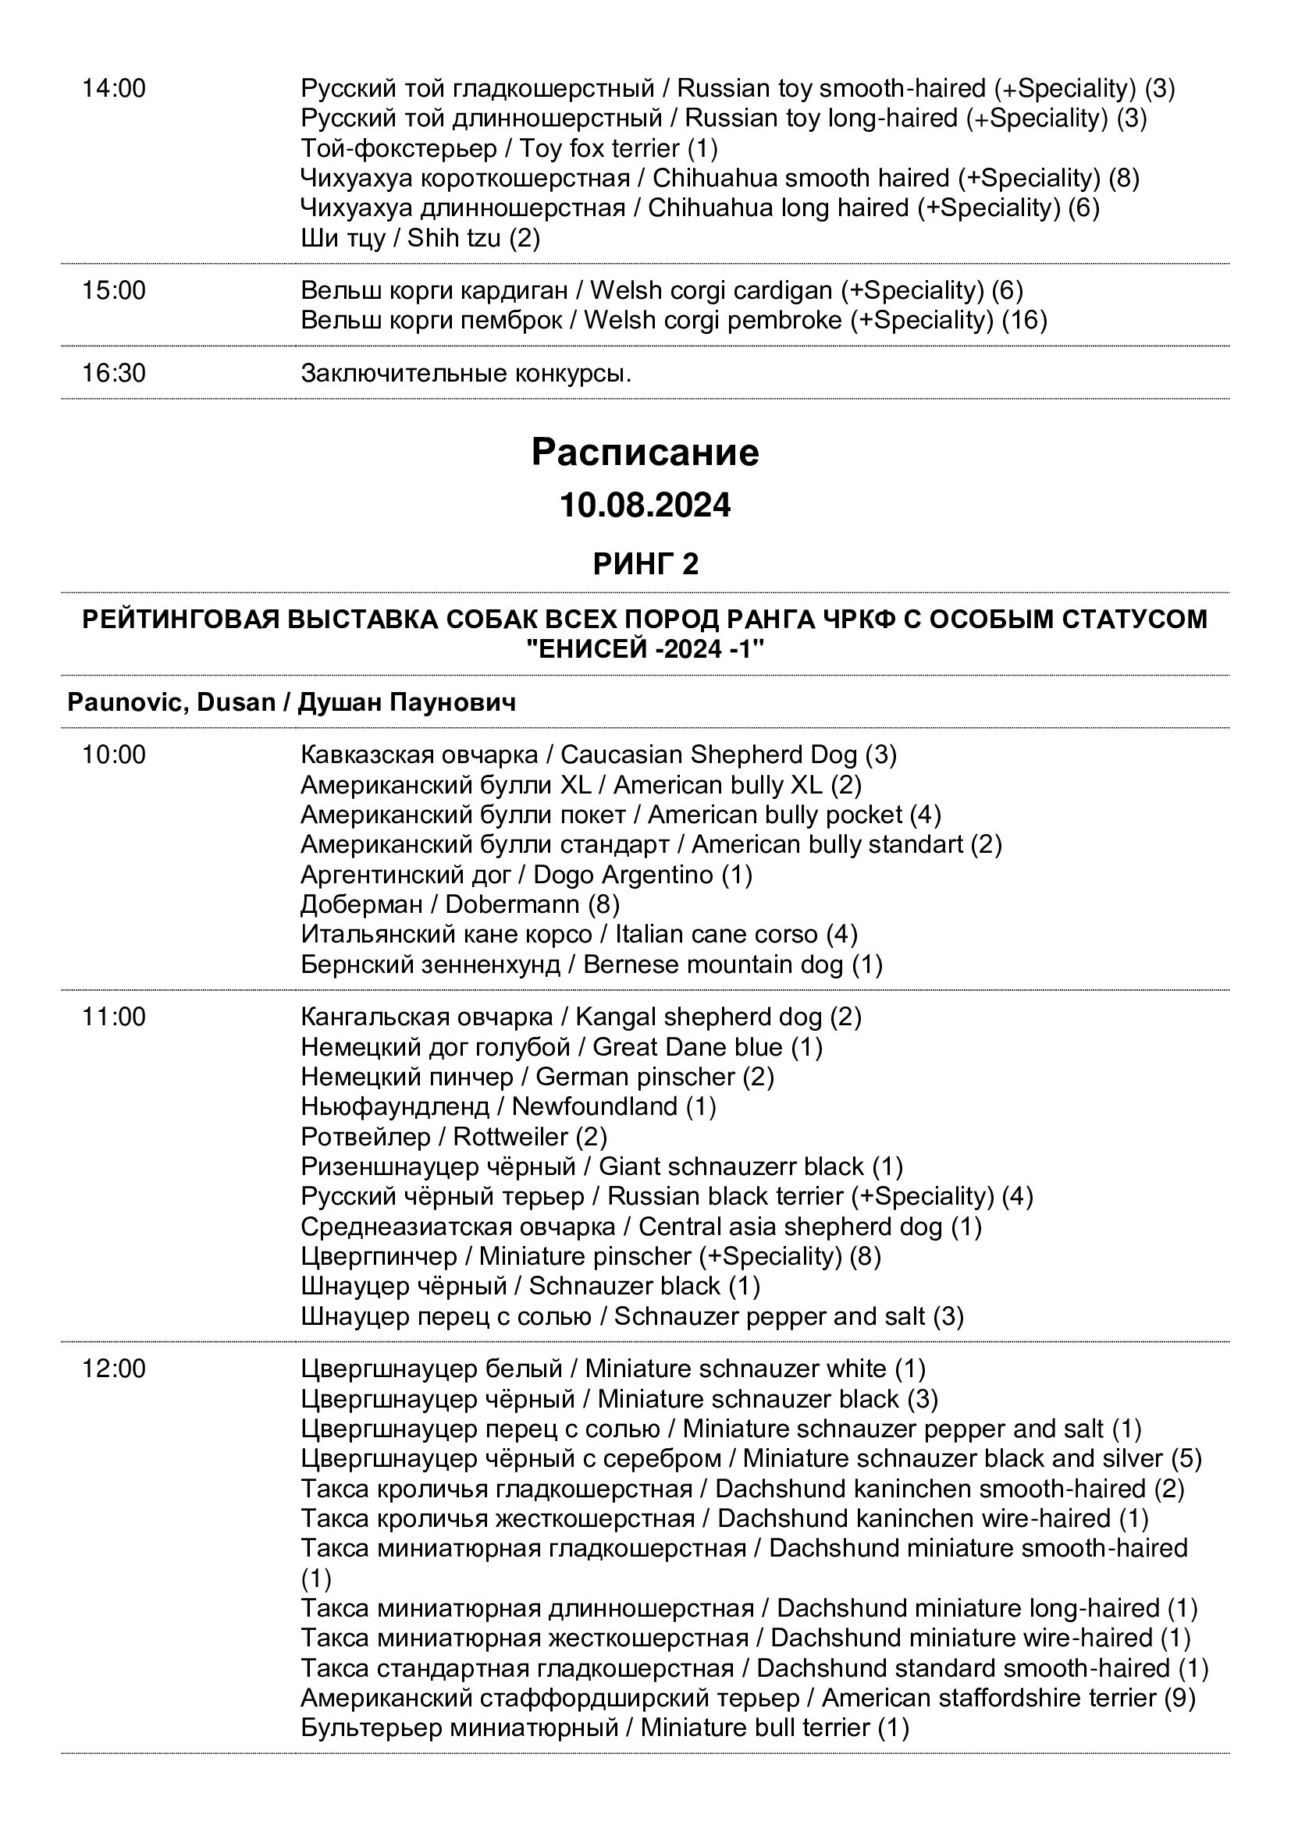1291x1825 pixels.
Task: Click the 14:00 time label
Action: coord(114,88)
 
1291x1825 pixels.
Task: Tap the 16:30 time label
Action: coord(114,373)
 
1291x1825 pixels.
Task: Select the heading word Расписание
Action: coord(645,453)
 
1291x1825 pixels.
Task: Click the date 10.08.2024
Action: coord(645,506)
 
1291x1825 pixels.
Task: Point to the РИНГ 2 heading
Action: coord(645,564)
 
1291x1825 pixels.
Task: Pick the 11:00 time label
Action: coord(114,1017)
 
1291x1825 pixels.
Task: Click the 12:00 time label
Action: coord(114,1369)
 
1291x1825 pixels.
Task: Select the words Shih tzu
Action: coord(454,238)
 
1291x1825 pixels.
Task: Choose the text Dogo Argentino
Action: coord(623,875)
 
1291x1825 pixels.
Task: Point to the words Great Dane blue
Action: coord(688,1047)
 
